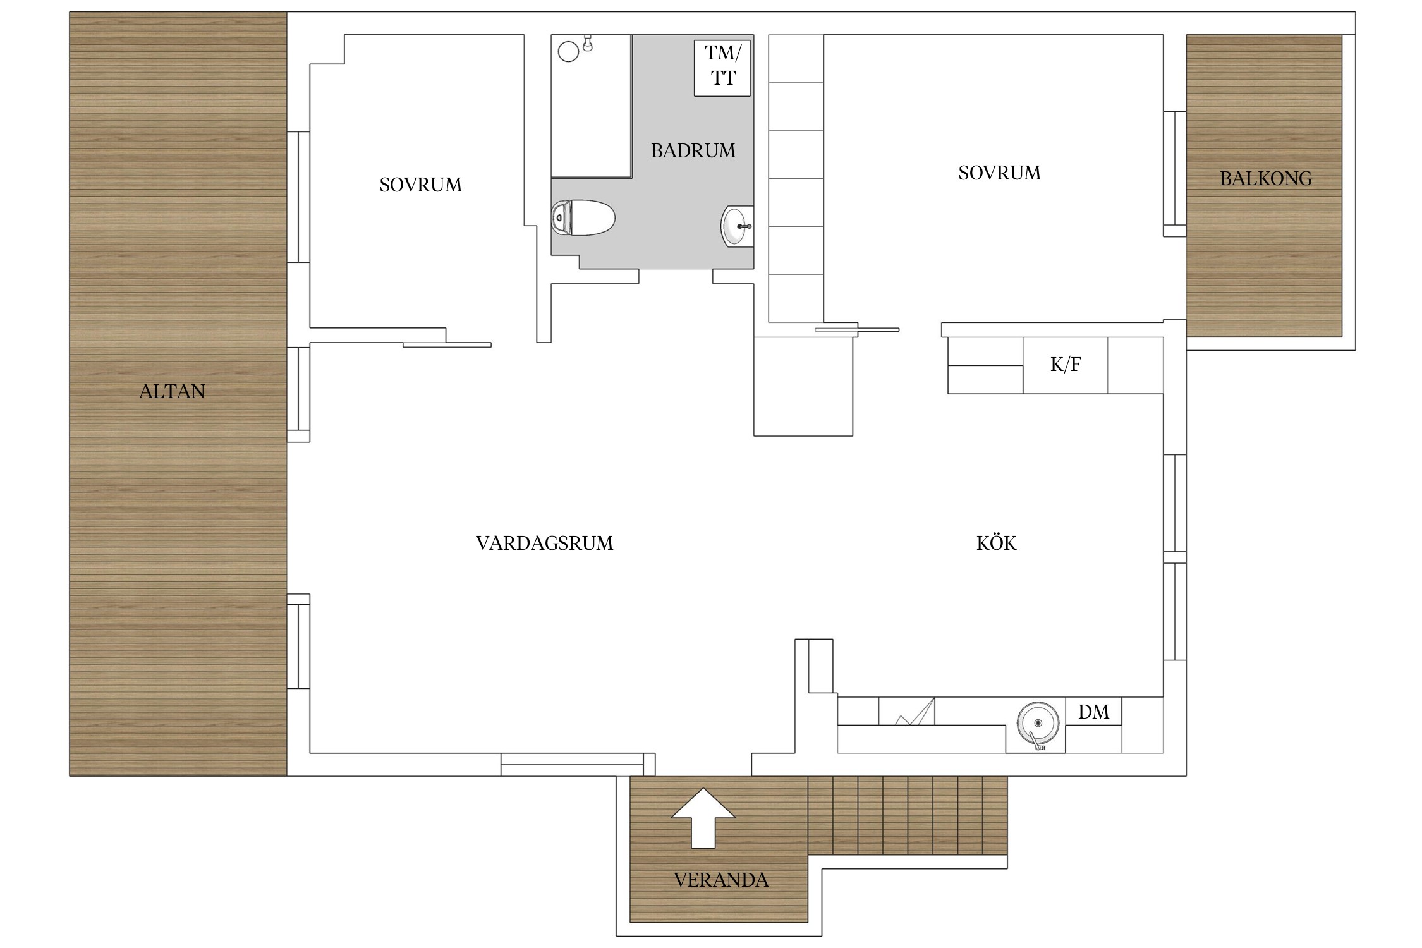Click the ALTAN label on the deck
pyautogui.click(x=172, y=391)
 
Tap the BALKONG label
pyautogui.click(x=1266, y=178)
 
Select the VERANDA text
pyautogui.click(x=721, y=880)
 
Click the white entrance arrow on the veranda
pyautogui.click(x=703, y=817)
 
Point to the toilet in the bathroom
pyautogui.click(x=583, y=218)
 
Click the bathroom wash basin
pyautogui.click(x=737, y=226)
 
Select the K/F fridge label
pyautogui.click(x=1066, y=365)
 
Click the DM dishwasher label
pyautogui.click(x=1093, y=712)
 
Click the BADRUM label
pyautogui.click(x=693, y=150)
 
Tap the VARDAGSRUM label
pyautogui.click(x=544, y=543)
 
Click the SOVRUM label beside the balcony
pyautogui.click(x=999, y=173)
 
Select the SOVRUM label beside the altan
pyautogui.click(x=420, y=185)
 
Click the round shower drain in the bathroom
pyautogui.click(x=568, y=51)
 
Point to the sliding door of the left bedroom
pyautogui.click(x=447, y=344)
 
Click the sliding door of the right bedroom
pyautogui.click(x=856, y=329)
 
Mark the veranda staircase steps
pyautogui.click(x=908, y=815)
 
